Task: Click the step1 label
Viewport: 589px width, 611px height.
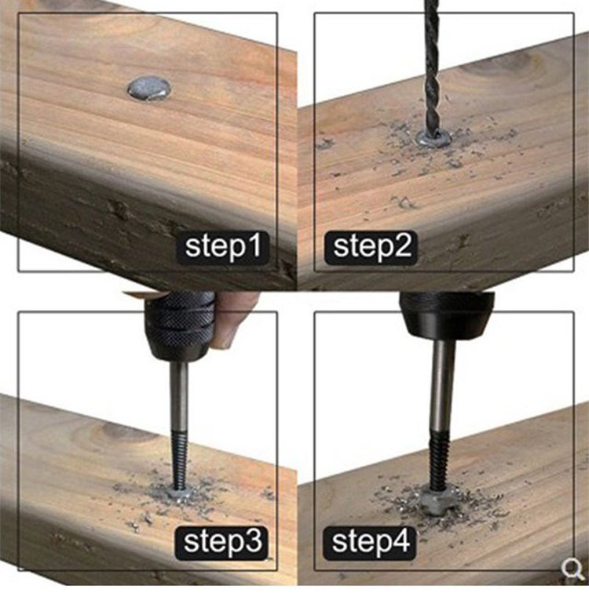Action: pyautogui.click(x=223, y=247)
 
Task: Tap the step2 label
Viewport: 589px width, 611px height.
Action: pyautogui.click(x=371, y=247)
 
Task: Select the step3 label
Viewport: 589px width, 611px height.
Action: pyautogui.click(x=221, y=542)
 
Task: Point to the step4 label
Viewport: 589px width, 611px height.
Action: pyautogui.click(x=369, y=542)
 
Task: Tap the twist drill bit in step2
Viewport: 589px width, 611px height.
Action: pyautogui.click(x=432, y=66)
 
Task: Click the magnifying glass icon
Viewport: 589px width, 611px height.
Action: pyautogui.click(x=572, y=569)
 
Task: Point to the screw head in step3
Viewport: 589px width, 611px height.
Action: pyautogui.click(x=180, y=494)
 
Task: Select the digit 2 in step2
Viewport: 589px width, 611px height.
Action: pyautogui.click(x=403, y=245)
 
